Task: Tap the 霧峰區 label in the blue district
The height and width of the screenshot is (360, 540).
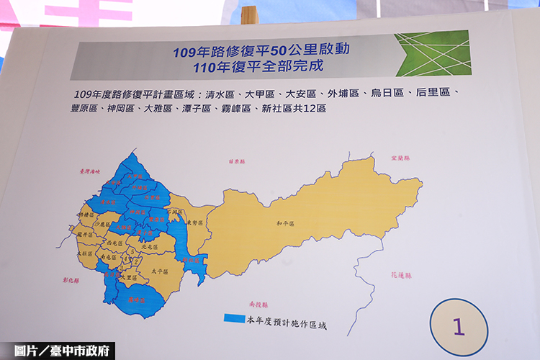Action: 132,299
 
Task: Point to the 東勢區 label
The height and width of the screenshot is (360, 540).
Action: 192,223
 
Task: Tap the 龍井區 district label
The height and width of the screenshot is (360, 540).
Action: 84,234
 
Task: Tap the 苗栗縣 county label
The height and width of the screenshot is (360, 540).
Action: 237,161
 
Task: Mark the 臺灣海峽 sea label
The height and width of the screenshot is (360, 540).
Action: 91,171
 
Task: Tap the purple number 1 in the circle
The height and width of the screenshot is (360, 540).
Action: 459,326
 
